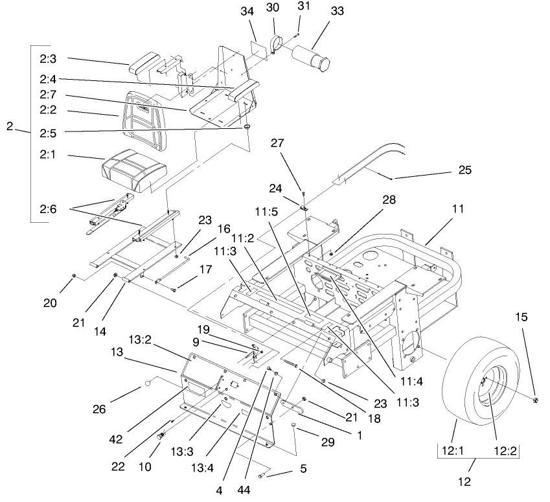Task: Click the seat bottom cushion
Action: coord(135,170)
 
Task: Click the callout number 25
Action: coord(464,170)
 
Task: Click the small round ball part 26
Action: coord(147,383)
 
